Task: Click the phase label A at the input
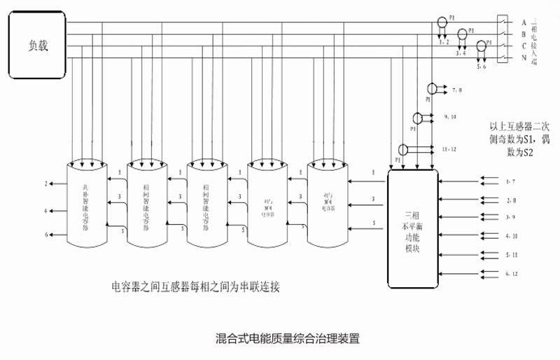[x=524, y=22]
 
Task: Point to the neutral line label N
[x=524, y=57]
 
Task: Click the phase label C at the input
[x=524, y=46]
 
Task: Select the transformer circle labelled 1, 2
[x=442, y=22]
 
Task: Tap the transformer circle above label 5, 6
[x=481, y=46]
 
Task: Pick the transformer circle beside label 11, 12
[x=403, y=148]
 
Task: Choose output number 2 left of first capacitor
[x=46, y=184]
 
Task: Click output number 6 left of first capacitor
[x=46, y=235]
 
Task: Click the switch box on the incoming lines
[x=500, y=39]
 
